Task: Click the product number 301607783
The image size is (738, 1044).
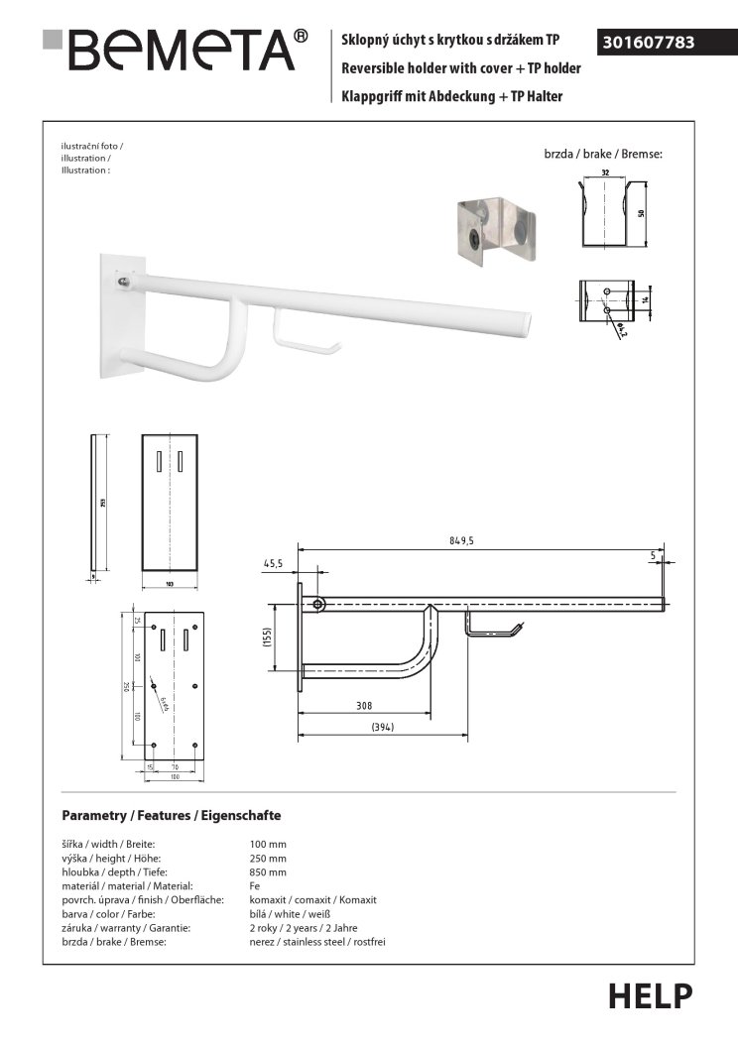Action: (x=648, y=43)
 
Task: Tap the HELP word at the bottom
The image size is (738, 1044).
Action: (x=650, y=994)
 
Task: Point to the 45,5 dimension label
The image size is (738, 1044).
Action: (x=274, y=563)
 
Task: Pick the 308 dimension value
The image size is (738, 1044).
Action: (x=363, y=705)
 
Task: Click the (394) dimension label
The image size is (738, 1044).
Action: (x=382, y=728)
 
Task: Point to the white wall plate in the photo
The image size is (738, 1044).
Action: (x=122, y=318)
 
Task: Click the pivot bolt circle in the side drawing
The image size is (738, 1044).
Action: (x=318, y=604)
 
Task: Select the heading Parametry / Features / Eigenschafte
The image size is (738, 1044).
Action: (x=172, y=815)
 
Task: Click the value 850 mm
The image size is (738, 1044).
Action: (x=269, y=872)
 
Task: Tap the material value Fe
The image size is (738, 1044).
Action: (x=255, y=886)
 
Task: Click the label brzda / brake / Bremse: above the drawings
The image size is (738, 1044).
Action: (x=602, y=155)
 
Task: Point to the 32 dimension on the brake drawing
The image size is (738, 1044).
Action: (x=604, y=172)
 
